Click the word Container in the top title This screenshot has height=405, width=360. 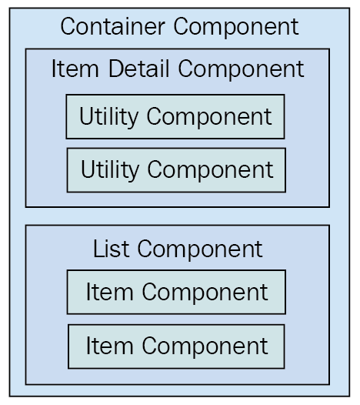(x=113, y=26)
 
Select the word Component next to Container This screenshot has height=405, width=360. (x=236, y=28)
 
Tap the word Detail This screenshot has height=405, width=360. (x=138, y=69)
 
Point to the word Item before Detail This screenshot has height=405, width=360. (x=75, y=69)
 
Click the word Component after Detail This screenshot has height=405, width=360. (x=241, y=70)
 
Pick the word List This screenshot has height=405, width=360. (x=111, y=249)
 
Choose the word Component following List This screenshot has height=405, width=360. (x=200, y=250)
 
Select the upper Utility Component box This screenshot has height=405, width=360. (x=175, y=117)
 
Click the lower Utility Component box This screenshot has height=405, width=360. (x=176, y=170)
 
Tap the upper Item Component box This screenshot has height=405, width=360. (x=176, y=292)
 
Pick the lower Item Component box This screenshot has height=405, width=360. (x=176, y=346)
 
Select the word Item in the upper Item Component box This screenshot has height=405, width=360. (x=110, y=292)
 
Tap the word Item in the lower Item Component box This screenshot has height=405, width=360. (x=110, y=346)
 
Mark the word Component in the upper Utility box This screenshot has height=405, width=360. (x=209, y=118)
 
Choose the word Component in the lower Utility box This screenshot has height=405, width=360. (x=210, y=171)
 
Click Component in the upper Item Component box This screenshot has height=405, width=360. (x=205, y=293)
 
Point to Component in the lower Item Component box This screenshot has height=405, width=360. (x=205, y=348)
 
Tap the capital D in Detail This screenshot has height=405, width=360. (x=116, y=69)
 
